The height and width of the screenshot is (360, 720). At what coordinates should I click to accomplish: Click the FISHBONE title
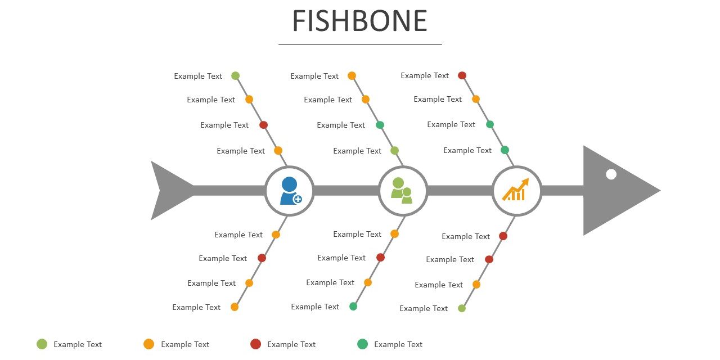click(359, 21)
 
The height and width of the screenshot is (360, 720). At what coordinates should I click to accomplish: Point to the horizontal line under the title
click(360, 44)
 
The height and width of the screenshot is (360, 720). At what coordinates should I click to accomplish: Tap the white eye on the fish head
click(611, 174)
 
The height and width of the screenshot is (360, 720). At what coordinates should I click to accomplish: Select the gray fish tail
click(172, 191)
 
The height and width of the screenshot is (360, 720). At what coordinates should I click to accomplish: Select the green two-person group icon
click(402, 191)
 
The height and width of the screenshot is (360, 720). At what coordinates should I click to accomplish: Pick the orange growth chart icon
click(516, 190)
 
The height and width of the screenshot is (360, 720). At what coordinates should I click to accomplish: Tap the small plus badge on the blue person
click(298, 199)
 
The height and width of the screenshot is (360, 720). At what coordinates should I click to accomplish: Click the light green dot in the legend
click(42, 344)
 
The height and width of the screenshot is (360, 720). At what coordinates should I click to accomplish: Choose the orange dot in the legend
click(148, 344)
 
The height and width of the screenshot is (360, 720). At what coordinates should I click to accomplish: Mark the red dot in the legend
click(255, 344)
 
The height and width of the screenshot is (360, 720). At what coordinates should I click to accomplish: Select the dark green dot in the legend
click(362, 344)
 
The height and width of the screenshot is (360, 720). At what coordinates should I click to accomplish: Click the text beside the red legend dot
click(291, 344)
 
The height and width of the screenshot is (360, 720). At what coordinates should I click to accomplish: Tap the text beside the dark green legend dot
click(398, 344)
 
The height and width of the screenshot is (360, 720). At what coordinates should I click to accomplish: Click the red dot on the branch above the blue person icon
click(263, 125)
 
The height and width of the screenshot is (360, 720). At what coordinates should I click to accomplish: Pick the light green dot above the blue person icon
click(235, 76)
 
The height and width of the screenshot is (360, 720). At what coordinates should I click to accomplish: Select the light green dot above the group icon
click(394, 150)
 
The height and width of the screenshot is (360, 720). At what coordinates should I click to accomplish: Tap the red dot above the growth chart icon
click(462, 75)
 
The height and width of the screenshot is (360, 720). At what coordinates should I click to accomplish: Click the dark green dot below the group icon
click(353, 307)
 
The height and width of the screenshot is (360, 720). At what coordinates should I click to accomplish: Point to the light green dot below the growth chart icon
click(462, 308)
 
